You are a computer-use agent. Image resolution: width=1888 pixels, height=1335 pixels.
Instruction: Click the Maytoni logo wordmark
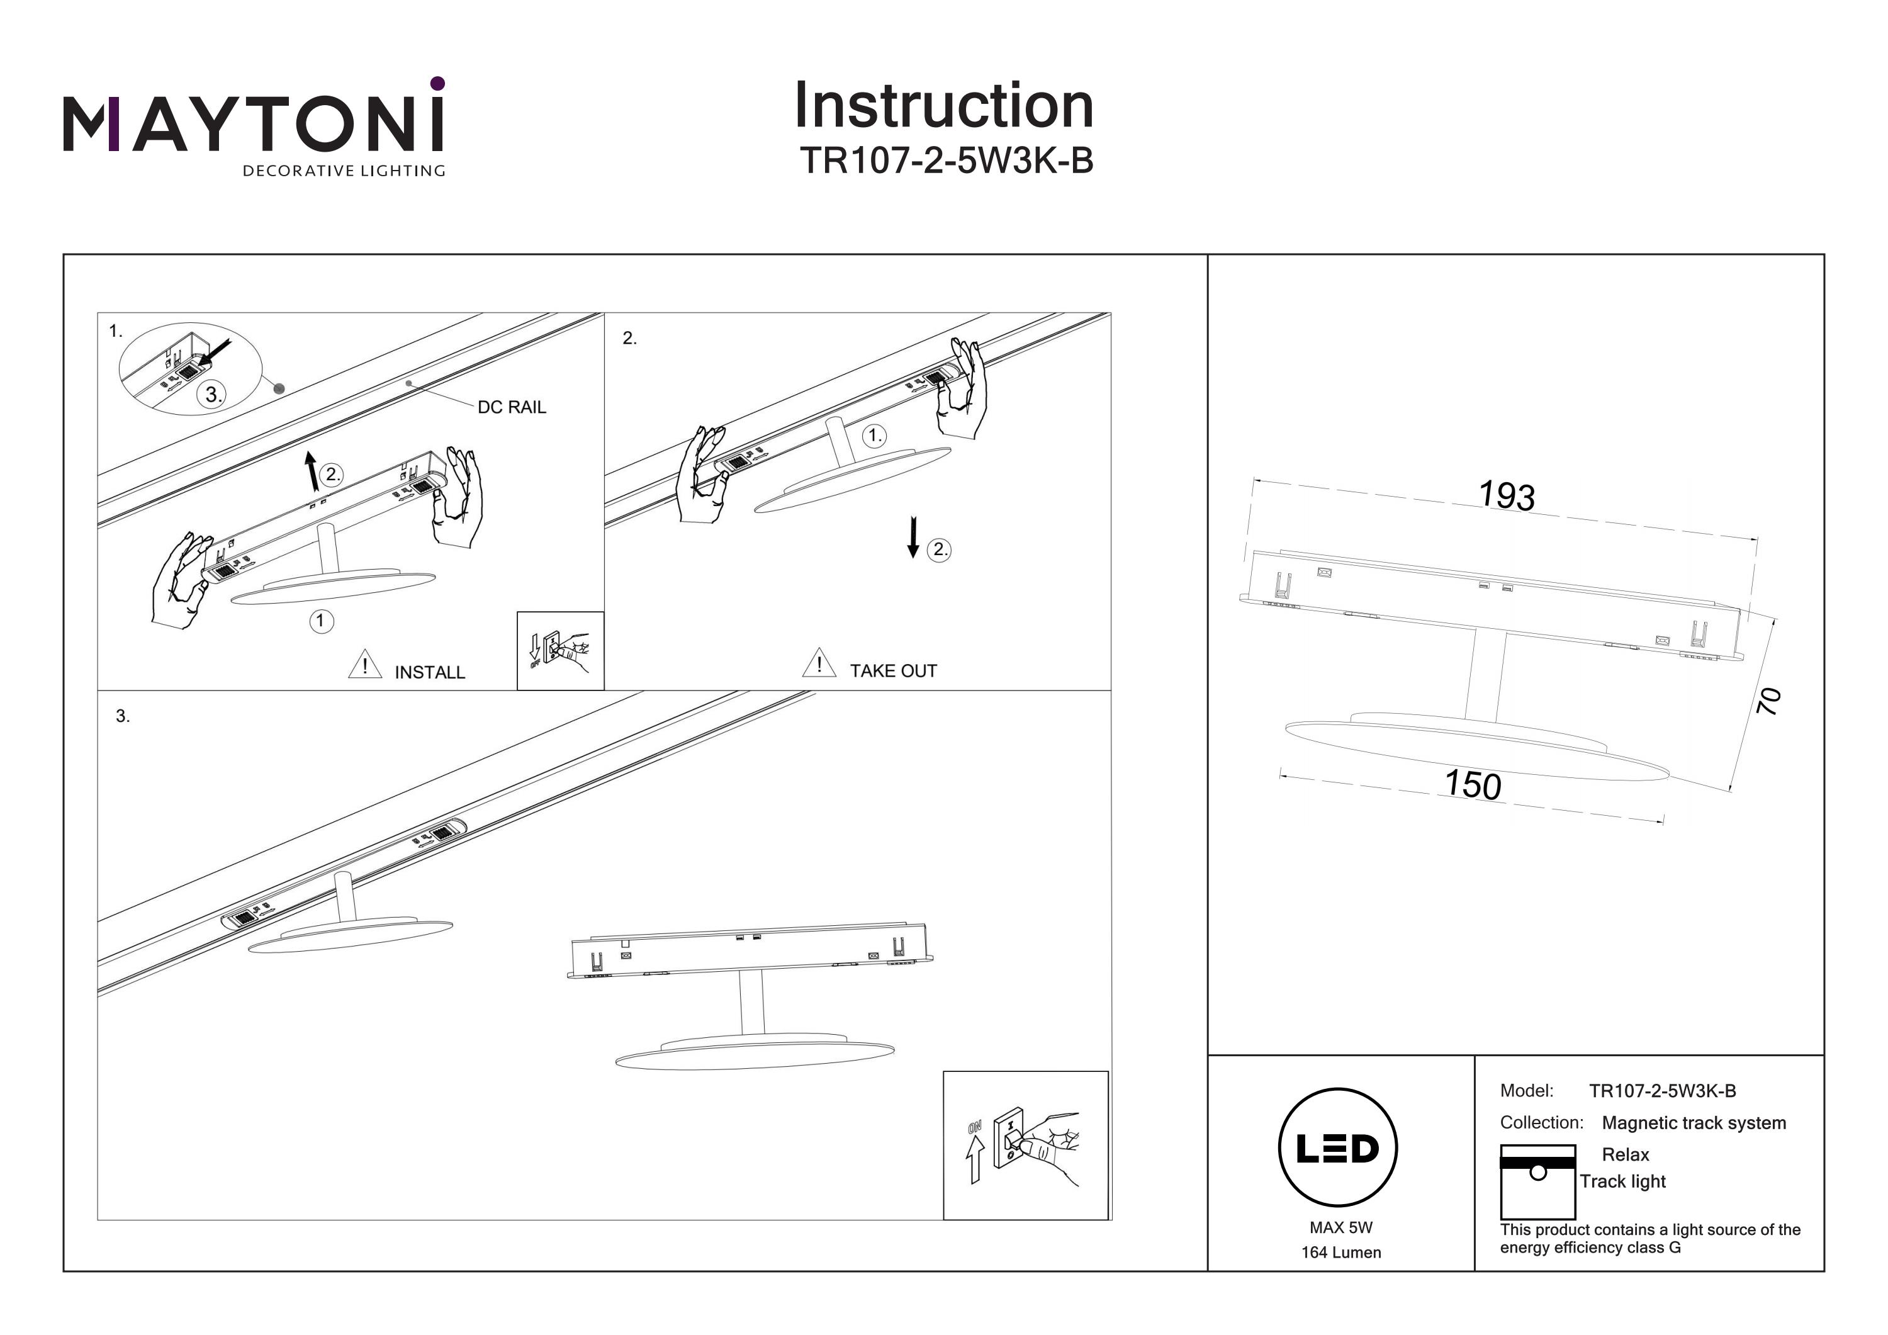click(253, 123)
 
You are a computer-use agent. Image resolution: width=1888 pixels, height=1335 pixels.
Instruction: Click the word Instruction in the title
click(943, 106)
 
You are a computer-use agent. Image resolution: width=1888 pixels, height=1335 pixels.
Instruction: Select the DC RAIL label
click(512, 407)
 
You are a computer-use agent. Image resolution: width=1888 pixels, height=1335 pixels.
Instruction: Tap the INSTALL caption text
click(429, 673)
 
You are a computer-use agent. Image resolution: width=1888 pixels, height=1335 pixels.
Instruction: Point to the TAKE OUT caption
click(893, 671)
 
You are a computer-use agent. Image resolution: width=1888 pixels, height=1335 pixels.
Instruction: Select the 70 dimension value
click(1769, 701)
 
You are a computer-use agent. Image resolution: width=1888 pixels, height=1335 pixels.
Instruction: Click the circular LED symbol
click(1337, 1147)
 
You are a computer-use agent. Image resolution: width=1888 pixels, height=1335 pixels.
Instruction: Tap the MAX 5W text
click(1340, 1227)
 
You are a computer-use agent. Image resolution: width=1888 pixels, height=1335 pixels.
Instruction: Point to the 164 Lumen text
click(1340, 1253)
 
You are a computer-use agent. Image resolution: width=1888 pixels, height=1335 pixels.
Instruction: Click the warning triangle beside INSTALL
click(365, 665)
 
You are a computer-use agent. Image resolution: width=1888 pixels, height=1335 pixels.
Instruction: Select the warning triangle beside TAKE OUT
click(819, 663)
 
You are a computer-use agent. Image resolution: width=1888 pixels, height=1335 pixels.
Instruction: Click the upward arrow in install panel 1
click(311, 471)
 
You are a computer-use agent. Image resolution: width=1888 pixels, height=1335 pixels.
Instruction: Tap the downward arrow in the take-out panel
click(913, 537)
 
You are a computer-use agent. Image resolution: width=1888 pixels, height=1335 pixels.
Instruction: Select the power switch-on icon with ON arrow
click(1025, 1145)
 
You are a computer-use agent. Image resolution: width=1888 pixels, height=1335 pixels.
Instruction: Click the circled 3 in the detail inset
click(213, 395)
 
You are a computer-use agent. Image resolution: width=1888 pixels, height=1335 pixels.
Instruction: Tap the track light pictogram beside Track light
click(1537, 1181)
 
